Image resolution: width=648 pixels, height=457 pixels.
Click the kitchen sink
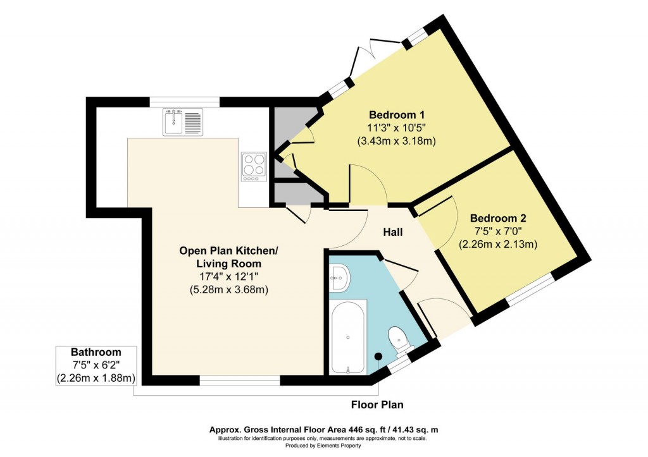pyautogui.click(x=182, y=121)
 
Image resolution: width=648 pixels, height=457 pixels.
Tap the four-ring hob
pyautogui.click(x=254, y=166)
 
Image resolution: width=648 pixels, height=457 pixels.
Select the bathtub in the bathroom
pyautogui.click(x=348, y=337)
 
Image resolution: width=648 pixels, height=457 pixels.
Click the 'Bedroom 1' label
pyautogui.click(x=397, y=115)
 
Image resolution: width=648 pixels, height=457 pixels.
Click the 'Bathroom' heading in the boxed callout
pyautogui.click(x=96, y=352)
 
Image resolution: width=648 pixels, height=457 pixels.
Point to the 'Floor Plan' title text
pyautogui.click(x=377, y=405)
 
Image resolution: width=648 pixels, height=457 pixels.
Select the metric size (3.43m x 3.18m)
pyautogui.click(x=397, y=141)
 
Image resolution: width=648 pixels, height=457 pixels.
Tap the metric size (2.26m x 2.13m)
pyautogui.click(x=498, y=244)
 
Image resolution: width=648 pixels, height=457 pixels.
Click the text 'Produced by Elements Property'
pyautogui.click(x=324, y=446)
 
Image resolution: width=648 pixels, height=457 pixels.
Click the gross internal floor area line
pyautogui.click(x=324, y=430)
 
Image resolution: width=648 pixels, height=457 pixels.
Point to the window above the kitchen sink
pyautogui.click(x=184, y=102)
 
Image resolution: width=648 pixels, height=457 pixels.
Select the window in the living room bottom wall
pyautogui.click(x=239, y=380)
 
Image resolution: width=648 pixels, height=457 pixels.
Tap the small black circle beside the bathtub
pyautogui.click(x=378, y=356)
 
